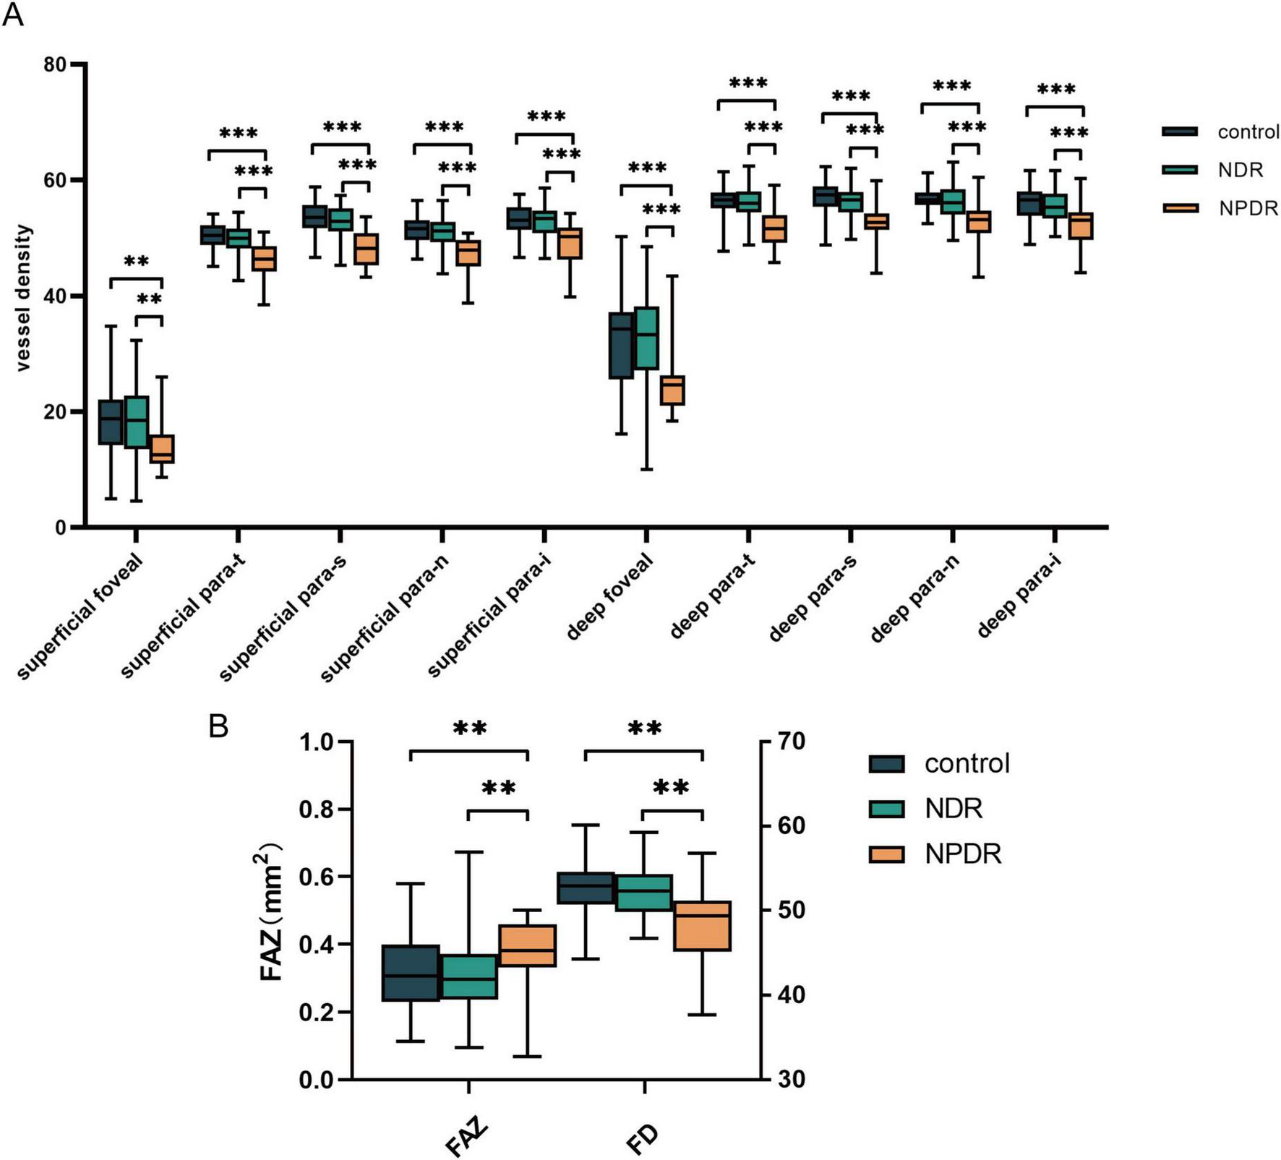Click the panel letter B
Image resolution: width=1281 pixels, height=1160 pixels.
pos(218,726)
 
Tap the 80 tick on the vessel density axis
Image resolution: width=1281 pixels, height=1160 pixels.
pos(55,65)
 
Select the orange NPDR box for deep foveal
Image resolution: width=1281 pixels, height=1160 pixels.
pos(673,390)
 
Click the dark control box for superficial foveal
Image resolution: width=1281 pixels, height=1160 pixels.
pos(111,422)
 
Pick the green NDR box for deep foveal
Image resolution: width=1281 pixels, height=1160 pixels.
pos(646,338)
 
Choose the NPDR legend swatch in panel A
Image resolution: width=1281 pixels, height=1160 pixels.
pos(1180,208)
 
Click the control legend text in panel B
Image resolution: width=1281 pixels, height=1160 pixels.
pos(967,764)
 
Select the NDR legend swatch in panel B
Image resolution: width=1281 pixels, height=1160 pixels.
pos(886,809)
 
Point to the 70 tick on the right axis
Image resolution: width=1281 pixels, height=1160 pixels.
pos(789,742)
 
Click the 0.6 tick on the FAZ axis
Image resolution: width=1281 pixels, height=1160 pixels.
pos(317,877)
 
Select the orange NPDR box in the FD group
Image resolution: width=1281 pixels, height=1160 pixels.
pos(702,926)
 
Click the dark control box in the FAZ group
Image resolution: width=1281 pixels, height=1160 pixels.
pos(411,973)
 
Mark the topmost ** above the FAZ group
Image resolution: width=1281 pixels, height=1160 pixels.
pos(470,728)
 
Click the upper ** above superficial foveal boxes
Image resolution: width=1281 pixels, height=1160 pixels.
pos(136,262)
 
